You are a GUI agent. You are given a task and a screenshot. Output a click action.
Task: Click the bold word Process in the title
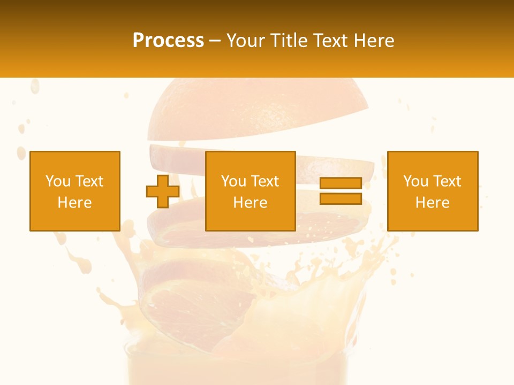coord(168,41)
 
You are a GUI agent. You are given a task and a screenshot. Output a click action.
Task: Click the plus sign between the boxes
coord(163,191)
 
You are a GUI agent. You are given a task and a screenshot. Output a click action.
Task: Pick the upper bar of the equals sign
coord(341,183)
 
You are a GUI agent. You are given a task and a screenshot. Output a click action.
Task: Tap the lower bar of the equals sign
coord(341,198)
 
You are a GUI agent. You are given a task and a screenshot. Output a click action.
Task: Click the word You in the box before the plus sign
coord(58,181)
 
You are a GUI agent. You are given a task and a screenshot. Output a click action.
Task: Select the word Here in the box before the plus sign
coord(74,203)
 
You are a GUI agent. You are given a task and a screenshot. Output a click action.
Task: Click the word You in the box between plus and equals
coord(233,181)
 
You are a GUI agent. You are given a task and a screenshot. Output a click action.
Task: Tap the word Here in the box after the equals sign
coord(432,203)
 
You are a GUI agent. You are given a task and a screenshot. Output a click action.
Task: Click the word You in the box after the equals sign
coord(415,181)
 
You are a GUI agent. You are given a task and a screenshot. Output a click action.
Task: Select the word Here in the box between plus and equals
coord(250,203)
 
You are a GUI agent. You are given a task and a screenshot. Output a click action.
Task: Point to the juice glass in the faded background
coord(236,364)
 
